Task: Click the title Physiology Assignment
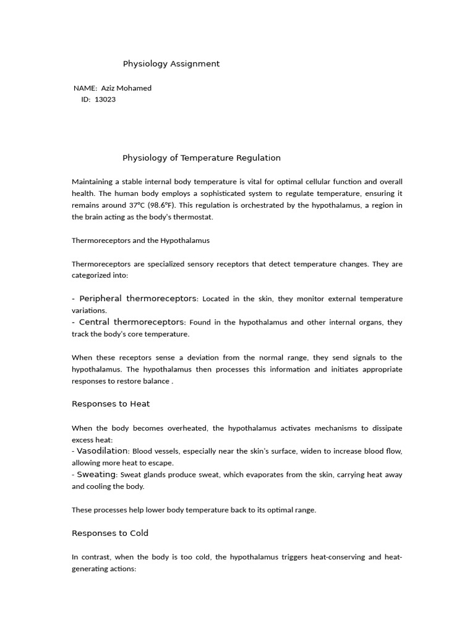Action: (171, 64)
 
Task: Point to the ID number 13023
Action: (105, 100)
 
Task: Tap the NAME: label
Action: (85, 88)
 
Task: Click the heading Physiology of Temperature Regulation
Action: (202, 158)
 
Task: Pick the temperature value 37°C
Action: (137, 205)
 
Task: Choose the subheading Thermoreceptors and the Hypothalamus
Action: (140, 240)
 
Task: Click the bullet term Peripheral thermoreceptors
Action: (137, 299)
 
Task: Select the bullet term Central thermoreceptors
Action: (131, 322)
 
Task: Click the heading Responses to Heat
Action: (111, 404)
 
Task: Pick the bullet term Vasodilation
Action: (103, 451)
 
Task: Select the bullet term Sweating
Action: (96, 475)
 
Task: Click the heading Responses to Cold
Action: (110, 533)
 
